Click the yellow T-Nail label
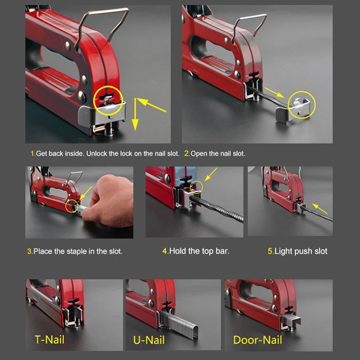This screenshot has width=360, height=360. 49,339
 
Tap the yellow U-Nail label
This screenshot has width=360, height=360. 149,340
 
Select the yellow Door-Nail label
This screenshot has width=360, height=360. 258,340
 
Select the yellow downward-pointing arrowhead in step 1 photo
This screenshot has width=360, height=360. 135,125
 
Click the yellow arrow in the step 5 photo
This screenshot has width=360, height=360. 320,209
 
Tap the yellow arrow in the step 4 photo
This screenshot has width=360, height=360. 211,175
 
